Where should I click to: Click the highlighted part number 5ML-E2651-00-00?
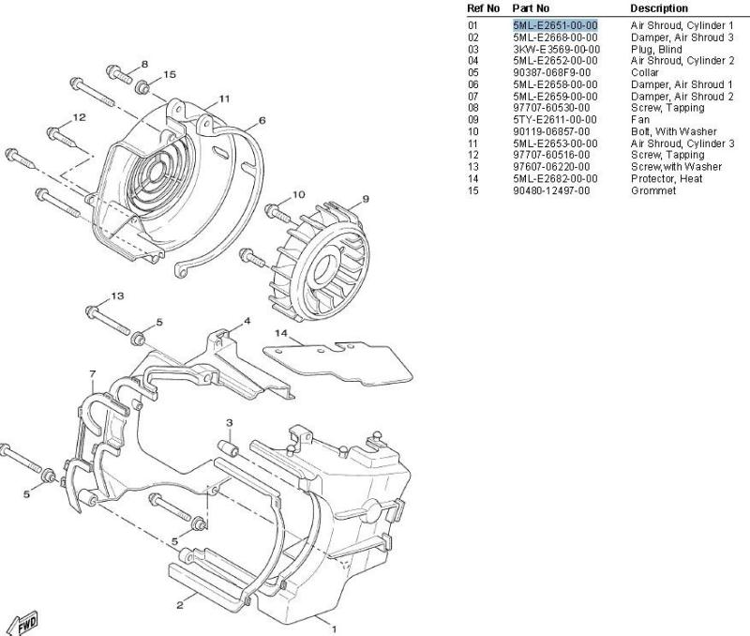click(555, 25)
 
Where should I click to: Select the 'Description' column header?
click(659, 8)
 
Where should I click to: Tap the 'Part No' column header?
click(531, 8)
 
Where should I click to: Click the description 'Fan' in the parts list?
click(640, 120)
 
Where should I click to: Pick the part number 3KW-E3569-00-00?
click(556, 50)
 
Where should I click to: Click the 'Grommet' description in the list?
click(652, 191)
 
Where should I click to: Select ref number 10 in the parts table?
click(472, 131)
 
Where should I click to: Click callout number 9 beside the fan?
click(366, 199)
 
